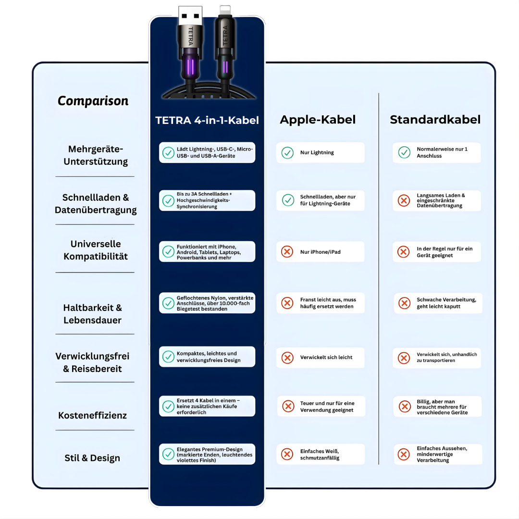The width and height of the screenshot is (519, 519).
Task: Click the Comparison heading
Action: [93, 101]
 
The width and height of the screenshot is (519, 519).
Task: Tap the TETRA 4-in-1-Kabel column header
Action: [207, 120]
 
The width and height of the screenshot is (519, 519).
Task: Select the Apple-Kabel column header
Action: [318, 120]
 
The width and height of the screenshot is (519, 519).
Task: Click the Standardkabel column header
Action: [435, 120]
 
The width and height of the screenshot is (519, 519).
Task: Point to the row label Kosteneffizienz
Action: [92, 415]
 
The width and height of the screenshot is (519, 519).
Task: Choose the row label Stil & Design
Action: [92, 458]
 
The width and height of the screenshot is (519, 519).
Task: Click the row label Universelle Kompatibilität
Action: [96, 250]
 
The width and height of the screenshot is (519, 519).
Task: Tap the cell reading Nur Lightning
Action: [320, 153]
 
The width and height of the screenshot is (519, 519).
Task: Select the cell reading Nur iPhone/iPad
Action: [320, 252]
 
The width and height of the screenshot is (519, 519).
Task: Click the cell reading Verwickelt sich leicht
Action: [320, 358]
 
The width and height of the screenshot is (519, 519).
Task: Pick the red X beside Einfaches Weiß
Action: [287, 454]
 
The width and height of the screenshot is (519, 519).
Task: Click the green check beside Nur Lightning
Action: [287, 153]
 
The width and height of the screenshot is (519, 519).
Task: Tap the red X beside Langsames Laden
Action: [404, 200]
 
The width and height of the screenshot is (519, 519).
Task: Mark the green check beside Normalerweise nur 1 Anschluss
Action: [404, 153]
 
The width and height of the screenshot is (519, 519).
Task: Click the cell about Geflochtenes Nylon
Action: [207, 303]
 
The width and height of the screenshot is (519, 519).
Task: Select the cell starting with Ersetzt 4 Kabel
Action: [207, 406]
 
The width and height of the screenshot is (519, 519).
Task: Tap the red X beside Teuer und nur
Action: [288, 407]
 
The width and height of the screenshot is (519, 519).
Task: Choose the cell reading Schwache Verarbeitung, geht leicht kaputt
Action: [438, 303]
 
